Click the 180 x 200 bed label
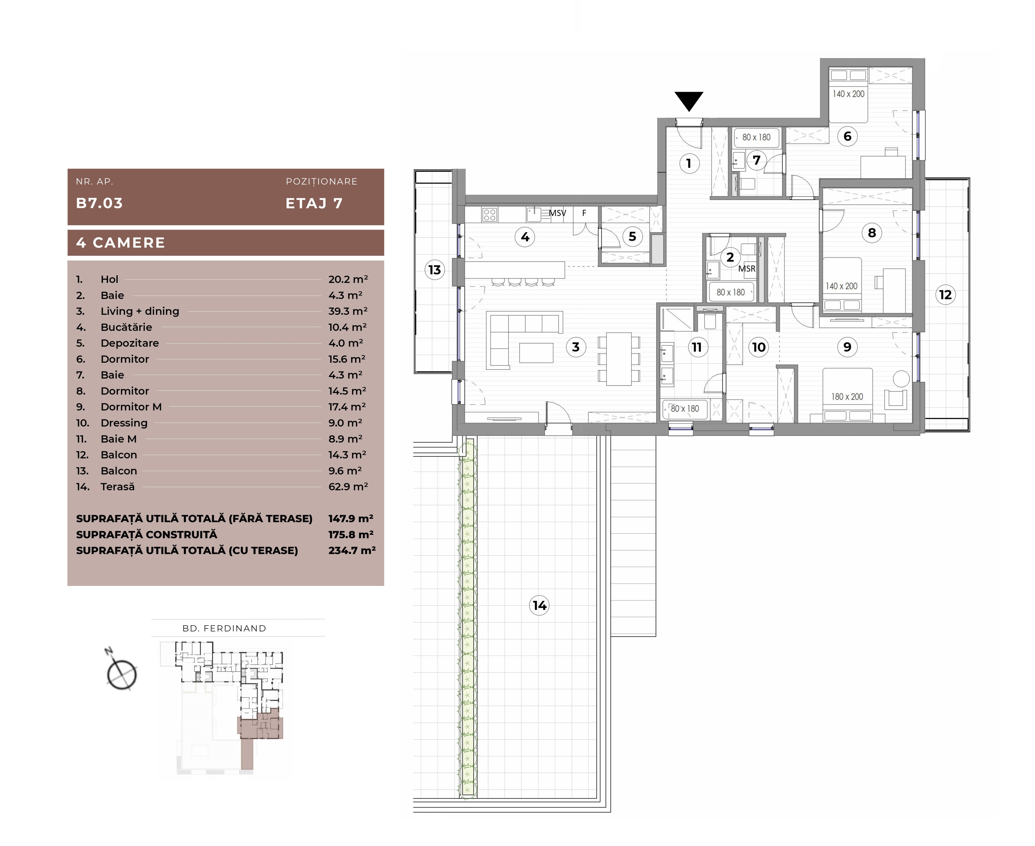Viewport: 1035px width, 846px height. pyautogui.click(x=847, y=397)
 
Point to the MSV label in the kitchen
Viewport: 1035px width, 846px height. pyautogui.click(x=557, y=213)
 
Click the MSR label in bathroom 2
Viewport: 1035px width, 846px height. pyautogui.click(x=747, y=268)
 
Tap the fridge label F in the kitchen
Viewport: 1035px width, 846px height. pyautogui.click(x=584, y=213)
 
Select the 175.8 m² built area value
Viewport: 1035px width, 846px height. pyautogui.click(x=351, y=534)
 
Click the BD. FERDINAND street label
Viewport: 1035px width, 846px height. pyautogui.click(x=224, y=628)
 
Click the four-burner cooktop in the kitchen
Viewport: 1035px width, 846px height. pyautogui.click(x=490, y=215)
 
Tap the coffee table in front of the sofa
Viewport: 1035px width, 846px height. pyautogui.click(x=536, y=353)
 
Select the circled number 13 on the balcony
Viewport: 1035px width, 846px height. pyautogui.click(x=435, y=270)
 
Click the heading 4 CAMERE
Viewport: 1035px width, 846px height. pyautogui.click(x=121, y=243)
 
